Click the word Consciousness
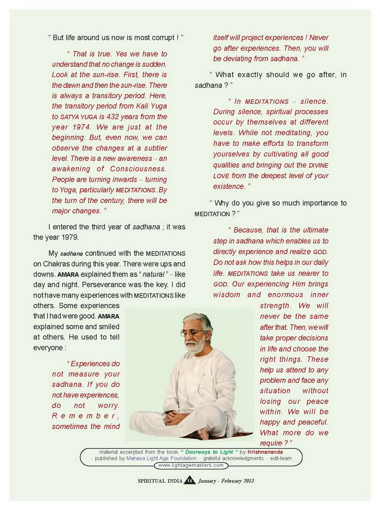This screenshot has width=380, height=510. (138, 169)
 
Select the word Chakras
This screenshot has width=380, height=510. (63, 264)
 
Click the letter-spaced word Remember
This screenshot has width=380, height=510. (85, 416)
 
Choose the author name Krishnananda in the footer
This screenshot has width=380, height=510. (265, 452)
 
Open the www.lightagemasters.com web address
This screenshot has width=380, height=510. (190, 465)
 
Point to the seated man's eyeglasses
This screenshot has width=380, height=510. (192, 333)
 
